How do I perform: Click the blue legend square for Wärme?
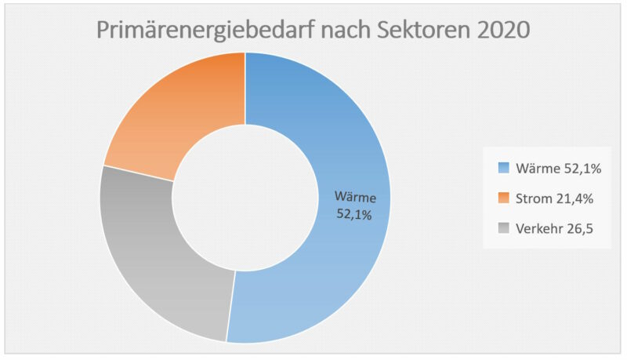point(504,168)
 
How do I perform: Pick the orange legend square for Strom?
point(504,198)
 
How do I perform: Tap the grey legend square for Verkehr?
point(504,230)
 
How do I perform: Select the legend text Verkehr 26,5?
point(553,230)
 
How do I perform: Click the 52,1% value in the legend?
point(579,168)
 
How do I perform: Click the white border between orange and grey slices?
point(138,173)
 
